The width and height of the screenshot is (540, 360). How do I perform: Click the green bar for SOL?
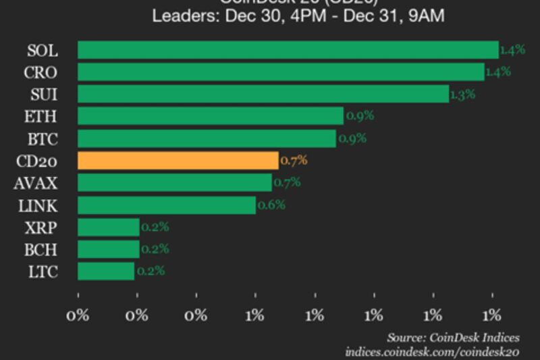point(288,50)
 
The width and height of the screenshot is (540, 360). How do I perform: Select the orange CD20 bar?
point(178,160)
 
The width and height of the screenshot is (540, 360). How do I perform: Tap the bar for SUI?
point(263,94)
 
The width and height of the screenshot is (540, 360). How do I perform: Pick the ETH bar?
point(210,116)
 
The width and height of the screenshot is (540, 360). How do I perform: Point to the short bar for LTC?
point(106,272)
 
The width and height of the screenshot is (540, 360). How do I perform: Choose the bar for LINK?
point(167,205)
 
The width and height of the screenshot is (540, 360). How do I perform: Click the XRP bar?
point(108,228)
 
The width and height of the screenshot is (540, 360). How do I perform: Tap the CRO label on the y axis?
point(42,72)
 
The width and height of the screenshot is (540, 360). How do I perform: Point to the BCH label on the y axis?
point(42,249)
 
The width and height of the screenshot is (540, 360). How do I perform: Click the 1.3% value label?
point(462,95)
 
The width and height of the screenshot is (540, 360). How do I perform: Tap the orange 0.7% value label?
point(294,161)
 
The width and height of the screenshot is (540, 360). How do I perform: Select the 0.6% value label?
point(271,205)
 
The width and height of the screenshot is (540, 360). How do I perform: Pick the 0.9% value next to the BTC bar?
point(352,138)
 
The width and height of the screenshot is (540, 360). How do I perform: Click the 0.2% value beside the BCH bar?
point(155,249)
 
